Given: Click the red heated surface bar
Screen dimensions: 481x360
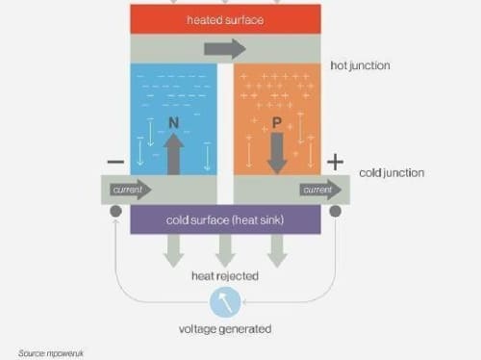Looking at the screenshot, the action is coord(225,19).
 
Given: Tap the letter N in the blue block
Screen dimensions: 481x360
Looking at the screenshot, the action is coord(173,122).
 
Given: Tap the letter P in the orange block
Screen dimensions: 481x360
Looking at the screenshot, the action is coord(277,123).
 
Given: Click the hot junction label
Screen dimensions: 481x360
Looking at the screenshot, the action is coord(360,65).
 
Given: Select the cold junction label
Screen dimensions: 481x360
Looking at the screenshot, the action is coord(392,173).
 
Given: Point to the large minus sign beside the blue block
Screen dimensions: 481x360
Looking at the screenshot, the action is coord(115,162).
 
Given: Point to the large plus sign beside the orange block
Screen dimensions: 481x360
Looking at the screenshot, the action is coord(335,162).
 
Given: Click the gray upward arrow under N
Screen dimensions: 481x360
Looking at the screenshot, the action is coord(173,154).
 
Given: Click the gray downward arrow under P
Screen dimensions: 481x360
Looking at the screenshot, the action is coord(277,153).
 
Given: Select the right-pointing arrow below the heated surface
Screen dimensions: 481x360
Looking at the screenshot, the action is coord(225,49).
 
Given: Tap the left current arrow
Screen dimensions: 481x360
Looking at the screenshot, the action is coord(131,190).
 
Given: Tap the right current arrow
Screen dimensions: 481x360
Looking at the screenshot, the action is coord(320,190).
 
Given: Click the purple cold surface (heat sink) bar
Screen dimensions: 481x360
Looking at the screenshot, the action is coord(225,219).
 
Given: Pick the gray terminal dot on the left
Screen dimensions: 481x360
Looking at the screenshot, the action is coord(115,211).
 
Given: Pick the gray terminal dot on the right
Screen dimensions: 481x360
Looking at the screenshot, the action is coord(335,211).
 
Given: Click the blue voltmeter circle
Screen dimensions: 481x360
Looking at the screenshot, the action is coord(225,302).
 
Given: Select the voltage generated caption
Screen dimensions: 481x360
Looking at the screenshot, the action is coord(225,329).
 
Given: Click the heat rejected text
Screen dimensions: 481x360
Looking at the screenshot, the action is coord(225,276).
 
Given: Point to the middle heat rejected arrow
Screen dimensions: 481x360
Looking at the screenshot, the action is coord(225,251).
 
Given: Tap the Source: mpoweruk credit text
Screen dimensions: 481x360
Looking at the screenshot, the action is coord(51,353).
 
